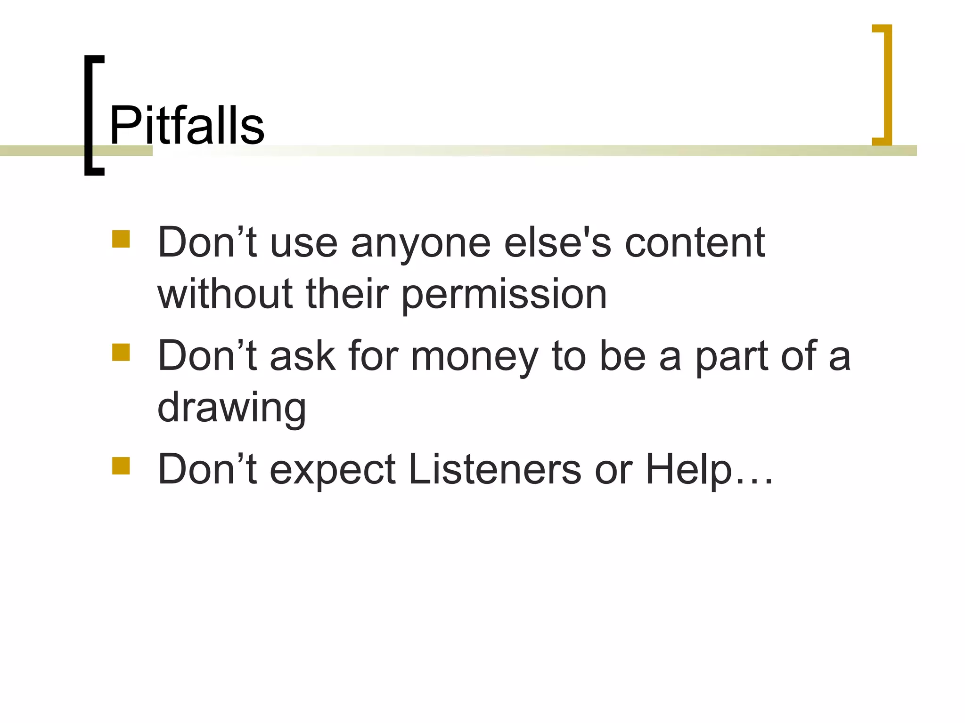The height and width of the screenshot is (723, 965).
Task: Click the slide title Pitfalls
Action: click(187, 125)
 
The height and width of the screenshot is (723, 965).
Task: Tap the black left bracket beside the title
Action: click(90, 115)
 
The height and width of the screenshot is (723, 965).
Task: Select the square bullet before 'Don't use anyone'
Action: click(121, 239)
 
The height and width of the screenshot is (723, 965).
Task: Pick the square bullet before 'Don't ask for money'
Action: click(121, 352)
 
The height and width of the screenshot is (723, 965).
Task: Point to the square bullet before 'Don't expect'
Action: click(121, 466)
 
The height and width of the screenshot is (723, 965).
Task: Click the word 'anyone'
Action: click(421, 244)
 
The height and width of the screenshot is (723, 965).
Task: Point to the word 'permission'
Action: click(504, 296)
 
